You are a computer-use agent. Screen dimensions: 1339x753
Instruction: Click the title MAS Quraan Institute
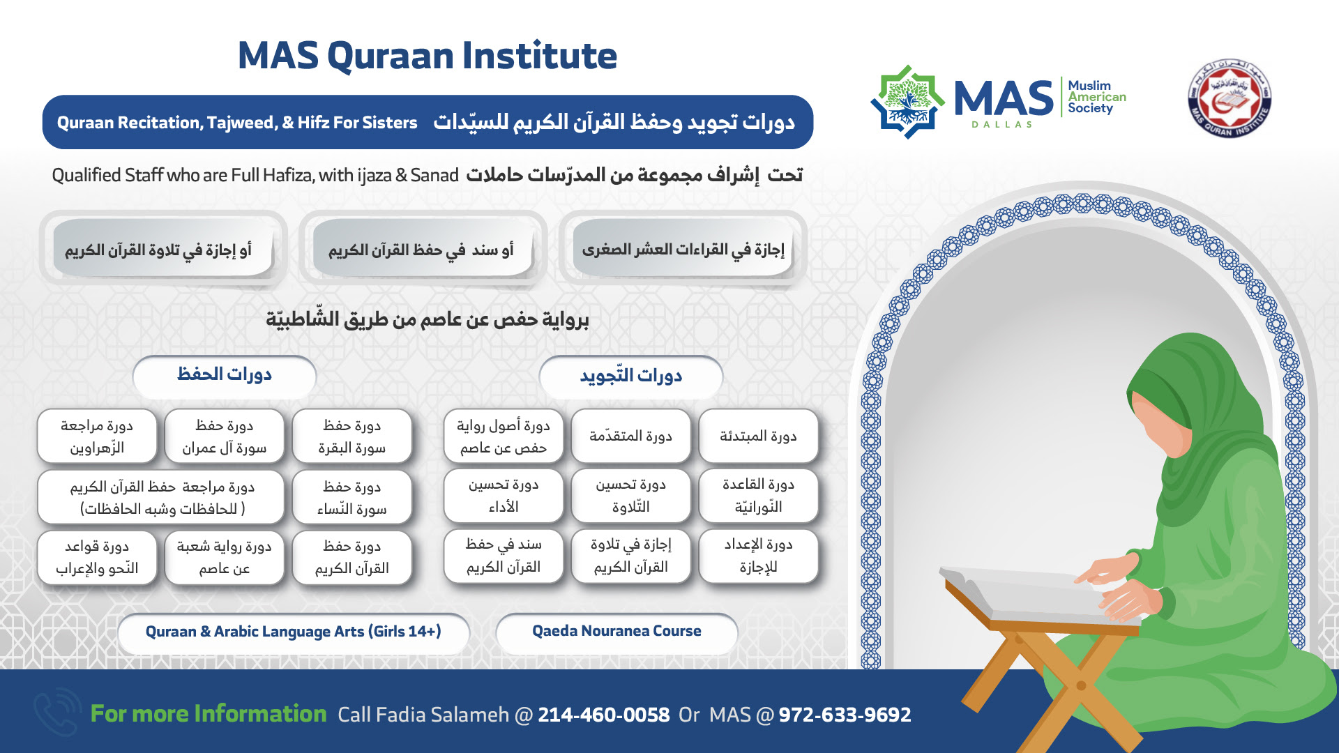tap(427, 56)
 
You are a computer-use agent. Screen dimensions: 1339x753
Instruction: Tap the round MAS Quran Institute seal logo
tap(1230, 98)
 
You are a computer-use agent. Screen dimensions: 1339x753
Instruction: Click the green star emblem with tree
tap(907, 102)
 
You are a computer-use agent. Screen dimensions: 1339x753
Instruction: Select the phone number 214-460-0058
tap(603, 715)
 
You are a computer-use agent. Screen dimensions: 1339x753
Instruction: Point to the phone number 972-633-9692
tap(845, 715)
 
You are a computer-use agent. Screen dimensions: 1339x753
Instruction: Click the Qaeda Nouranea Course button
tap(616, 632)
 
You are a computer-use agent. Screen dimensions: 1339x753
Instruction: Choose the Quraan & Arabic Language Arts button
tap(293, 632)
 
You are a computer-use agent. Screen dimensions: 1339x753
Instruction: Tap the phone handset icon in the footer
tap(57, 712)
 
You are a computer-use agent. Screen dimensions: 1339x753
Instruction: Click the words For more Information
tap(209, 714)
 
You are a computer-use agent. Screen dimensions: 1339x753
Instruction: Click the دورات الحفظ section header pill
tap(224, 375)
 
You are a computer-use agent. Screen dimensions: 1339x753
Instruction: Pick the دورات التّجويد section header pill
tap(630, 376)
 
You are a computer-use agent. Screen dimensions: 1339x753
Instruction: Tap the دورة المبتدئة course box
tap(758, 436)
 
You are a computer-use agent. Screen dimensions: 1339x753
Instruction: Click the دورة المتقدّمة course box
tap(630, 436)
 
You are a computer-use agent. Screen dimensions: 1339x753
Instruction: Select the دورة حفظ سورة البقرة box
tap(351, 436)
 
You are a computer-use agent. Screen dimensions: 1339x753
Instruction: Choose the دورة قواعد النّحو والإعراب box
tap(97, 558)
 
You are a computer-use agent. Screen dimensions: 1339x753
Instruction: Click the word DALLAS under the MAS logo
tap(1001, 124)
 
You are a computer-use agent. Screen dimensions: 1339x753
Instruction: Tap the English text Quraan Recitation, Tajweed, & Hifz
tap(237, 123)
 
